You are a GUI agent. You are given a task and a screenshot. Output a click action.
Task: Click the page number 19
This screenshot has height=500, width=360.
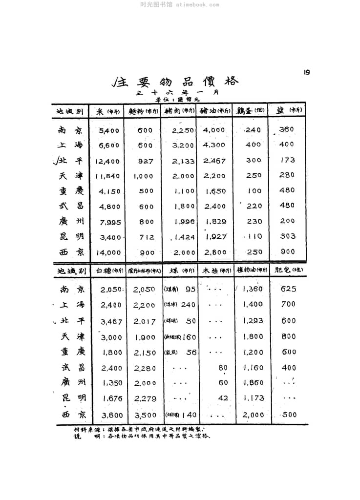[307, 72]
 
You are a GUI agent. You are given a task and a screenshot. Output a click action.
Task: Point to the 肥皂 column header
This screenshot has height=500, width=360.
[287, 270]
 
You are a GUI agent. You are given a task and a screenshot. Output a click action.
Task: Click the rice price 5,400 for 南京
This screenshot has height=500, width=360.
[108, 130]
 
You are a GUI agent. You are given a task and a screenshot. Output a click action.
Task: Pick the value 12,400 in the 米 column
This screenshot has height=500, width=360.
[107, 161]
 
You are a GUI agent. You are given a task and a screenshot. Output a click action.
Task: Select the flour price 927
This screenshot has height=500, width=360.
[145, 161]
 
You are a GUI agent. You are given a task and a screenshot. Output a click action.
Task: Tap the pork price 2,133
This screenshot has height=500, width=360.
[183, 161]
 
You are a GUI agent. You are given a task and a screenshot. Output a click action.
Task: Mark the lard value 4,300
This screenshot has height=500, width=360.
[214, 145]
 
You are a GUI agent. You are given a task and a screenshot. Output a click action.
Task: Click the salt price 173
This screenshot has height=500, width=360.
[288, 160]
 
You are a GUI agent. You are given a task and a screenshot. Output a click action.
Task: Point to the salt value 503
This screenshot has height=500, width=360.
[288, 236]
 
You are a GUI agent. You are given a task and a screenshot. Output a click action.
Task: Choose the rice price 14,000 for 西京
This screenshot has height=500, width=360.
[107, 252]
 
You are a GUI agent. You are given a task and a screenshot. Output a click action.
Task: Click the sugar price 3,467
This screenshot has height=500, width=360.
[111, 322]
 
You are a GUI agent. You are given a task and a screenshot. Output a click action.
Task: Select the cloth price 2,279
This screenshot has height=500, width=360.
[145, 398]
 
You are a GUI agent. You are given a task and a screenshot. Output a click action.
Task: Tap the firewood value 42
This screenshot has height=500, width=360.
[223, 398]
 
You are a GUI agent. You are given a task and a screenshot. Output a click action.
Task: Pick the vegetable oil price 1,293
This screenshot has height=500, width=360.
[253, 321]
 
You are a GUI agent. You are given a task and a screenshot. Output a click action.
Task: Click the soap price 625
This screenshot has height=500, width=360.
[288, 289]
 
